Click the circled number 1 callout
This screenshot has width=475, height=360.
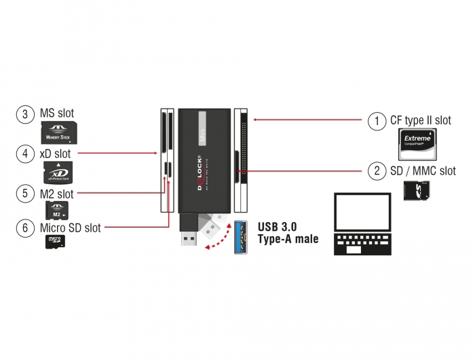377,121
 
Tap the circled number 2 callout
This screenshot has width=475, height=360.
377,170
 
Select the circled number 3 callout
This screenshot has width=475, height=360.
25,113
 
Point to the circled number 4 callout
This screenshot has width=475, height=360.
25,154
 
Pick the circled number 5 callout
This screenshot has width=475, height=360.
25,194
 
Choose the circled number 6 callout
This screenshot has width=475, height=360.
25,228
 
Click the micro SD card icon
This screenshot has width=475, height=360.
54,242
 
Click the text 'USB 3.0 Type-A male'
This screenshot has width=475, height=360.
288,232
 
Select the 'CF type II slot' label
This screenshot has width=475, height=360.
420,121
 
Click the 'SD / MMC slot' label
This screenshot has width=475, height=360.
422,170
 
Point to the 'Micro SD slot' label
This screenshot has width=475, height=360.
71,228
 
